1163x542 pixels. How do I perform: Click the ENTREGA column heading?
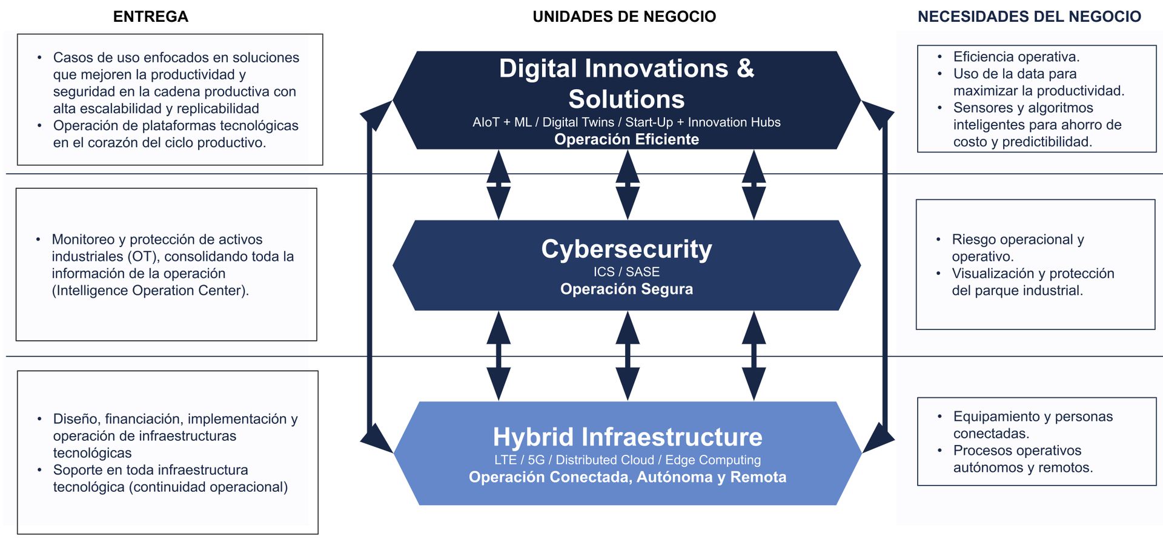click(x=151, y=16)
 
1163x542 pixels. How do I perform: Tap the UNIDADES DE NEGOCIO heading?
click(x=625, y=16)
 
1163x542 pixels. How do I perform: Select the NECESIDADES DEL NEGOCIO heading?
click(x=1029, y=16)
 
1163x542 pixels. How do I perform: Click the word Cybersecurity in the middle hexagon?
click(x=626, y=249)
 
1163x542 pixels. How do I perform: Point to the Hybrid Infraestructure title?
click(x=628, y=437)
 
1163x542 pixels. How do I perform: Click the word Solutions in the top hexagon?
click(x=626, y=99)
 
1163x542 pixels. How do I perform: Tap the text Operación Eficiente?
click(x=626, y=139)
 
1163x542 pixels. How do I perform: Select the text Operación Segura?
click(x=626, y=289)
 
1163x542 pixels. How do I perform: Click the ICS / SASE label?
click(x=626, y=272)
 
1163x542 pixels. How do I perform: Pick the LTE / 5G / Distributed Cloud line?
click(x=628, y=460)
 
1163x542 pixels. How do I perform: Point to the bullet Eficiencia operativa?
click(x=1016, y=57)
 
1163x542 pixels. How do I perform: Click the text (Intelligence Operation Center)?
click(x=150, y=291)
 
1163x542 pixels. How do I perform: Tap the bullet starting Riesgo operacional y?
click(x=1018, y=248)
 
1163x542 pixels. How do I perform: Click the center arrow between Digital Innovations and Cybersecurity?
click(x=628, y=185)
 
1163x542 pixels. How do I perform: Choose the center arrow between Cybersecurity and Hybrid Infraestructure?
click(x=628, y=356)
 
